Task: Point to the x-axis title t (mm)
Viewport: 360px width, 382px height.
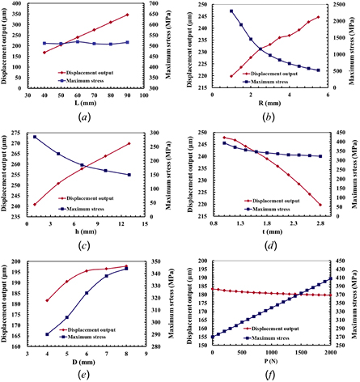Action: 270,228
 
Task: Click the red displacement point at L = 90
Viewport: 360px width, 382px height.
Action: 127,15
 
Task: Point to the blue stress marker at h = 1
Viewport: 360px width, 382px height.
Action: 35,137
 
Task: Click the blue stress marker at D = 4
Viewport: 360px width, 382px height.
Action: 48,334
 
